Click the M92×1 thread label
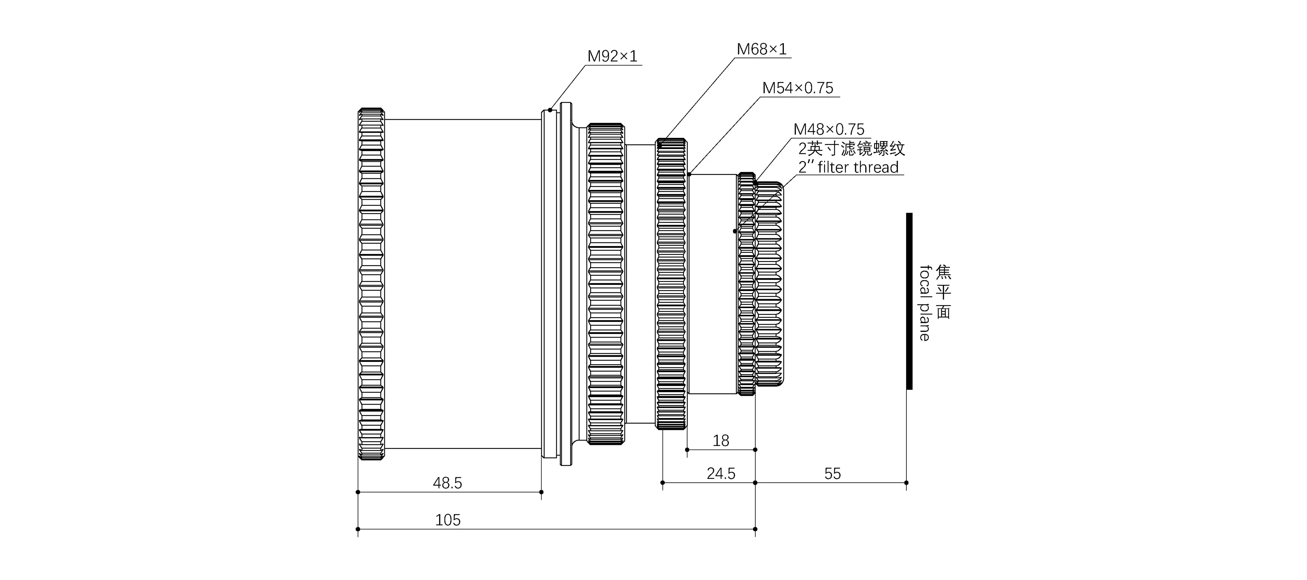pyautogui.click(x=612, y=56)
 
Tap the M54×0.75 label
pyautogui.click(x=797, y=88)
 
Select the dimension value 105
pyautogui.click(x=448, y=520)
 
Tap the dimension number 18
pyautogui.click(x=721, y=440)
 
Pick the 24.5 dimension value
pyautogui.click(x=721, y=474)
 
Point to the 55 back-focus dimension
pyautogui.click(x=832, y=474)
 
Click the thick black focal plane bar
pyautogui.click(x=909, y=301)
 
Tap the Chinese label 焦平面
pyautogui.click(x=943, y=292)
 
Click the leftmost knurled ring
pyautogui.click(x=371, y=284)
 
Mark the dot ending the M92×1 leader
pyautogui.click(x=550, y=110)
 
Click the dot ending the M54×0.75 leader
pyautogui.click(x=689, y=174)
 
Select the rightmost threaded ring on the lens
pyautogui.click(x=769, y=284)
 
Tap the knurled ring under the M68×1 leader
pyautogui.click(x=671, y=284)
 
